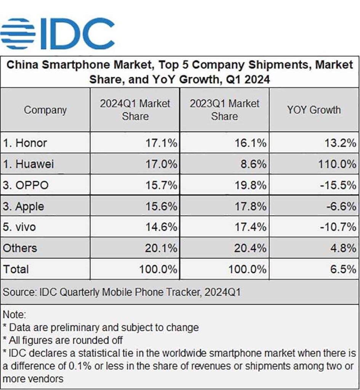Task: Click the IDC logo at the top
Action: (57, 33)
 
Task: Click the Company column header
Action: (45, 110)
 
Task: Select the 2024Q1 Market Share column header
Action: (135, 110)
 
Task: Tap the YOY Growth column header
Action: (314, 110)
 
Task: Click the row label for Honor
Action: (25, 143)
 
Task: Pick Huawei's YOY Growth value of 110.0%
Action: (336, 164)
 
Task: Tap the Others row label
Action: (20, 248)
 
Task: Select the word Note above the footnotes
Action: (14, 315)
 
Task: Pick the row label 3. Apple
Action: (24, 206)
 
